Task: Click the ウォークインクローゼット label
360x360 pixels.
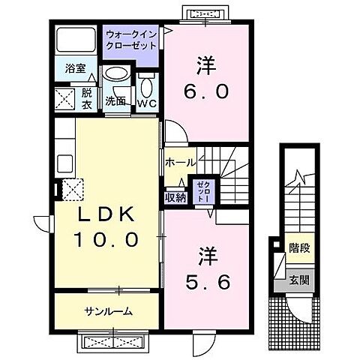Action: (x=130, y=40)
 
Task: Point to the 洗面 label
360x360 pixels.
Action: (x=114, y=100)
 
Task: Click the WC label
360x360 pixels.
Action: (x=145, y=103)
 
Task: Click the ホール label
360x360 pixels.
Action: (x=180, y=162)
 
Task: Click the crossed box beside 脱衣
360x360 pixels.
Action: (x=64, y=98)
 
